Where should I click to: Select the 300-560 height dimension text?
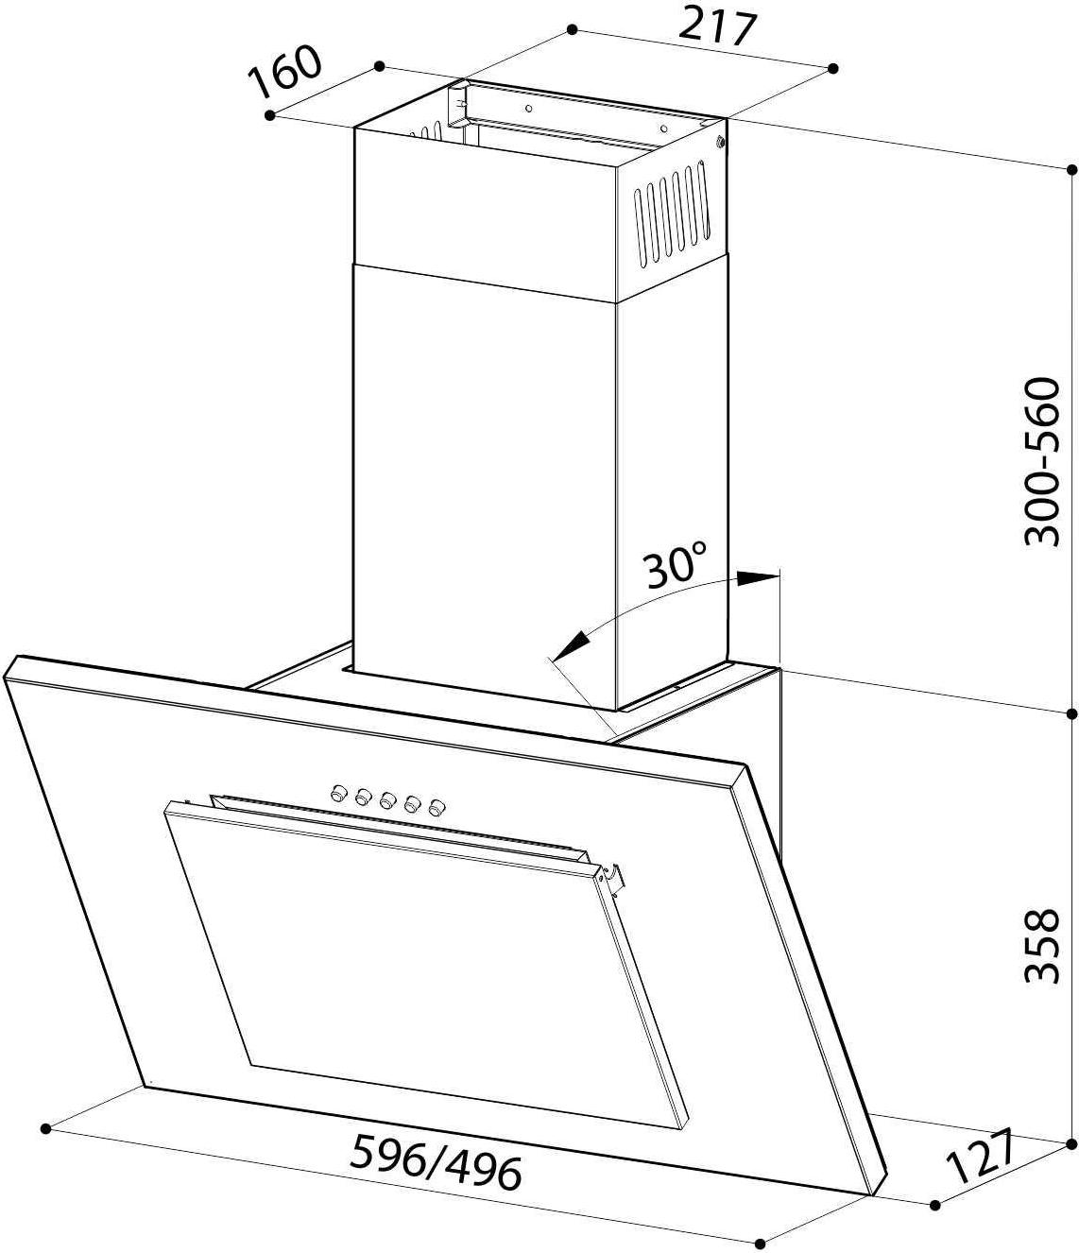point(1040,463)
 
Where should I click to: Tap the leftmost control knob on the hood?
point(337,791)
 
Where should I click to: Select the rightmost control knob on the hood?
point(437,807)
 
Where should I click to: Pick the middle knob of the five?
point(387,799)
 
